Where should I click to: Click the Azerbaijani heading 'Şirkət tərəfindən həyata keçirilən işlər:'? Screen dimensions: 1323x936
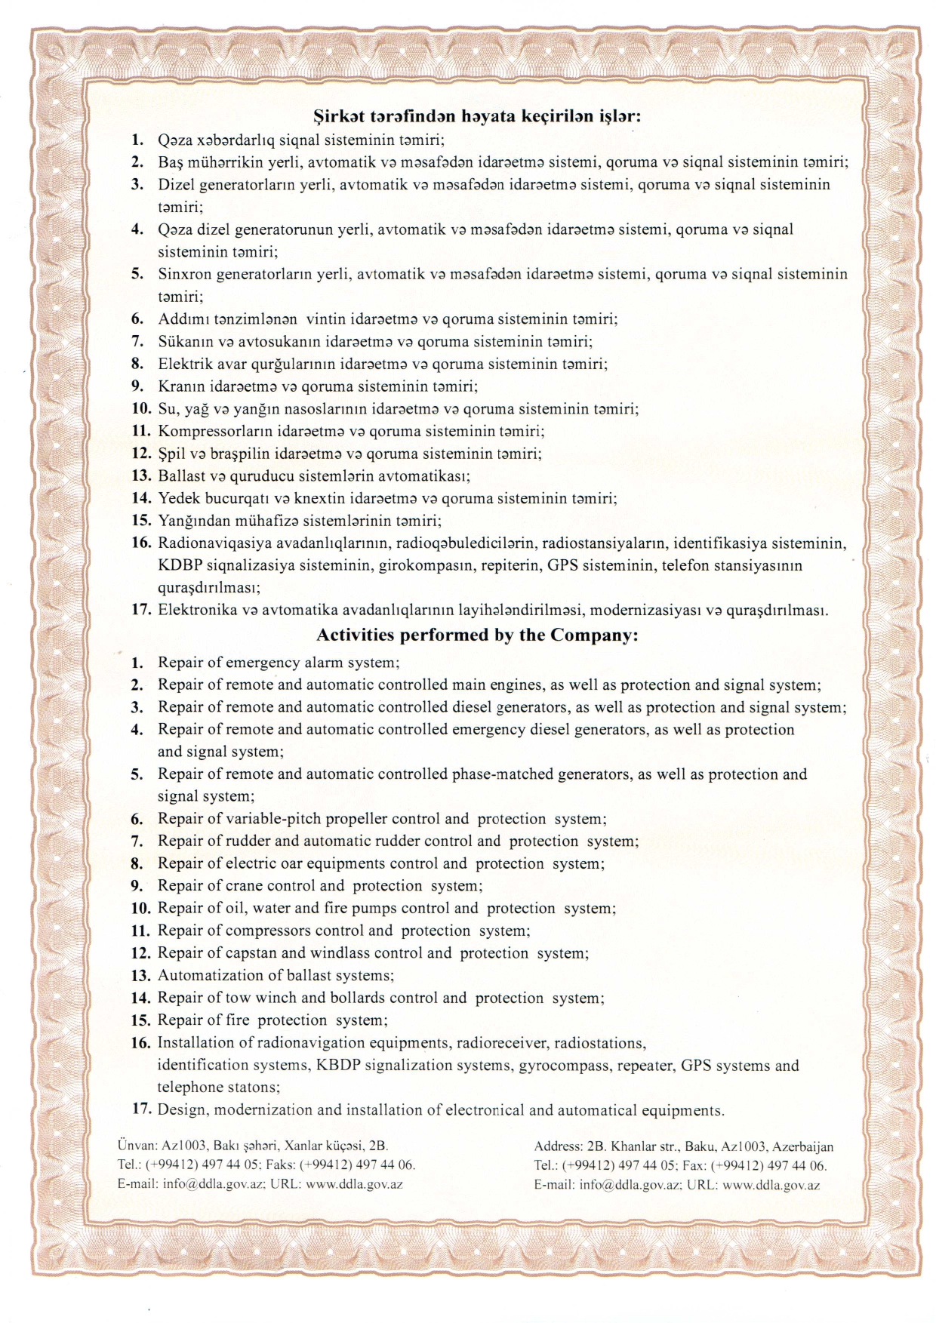pyautogui.click(x=477, y=116)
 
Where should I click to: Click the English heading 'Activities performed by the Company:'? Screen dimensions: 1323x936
pyautogui.click(x=477, y=635)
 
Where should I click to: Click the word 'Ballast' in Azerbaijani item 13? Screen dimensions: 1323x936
pyautogui.click(x=181, y=476)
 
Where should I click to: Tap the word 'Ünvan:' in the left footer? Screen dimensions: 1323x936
pyautogui.click(x=137, y=1146)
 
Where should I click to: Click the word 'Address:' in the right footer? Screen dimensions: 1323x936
pyautogui.click(x=558, y=1147)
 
